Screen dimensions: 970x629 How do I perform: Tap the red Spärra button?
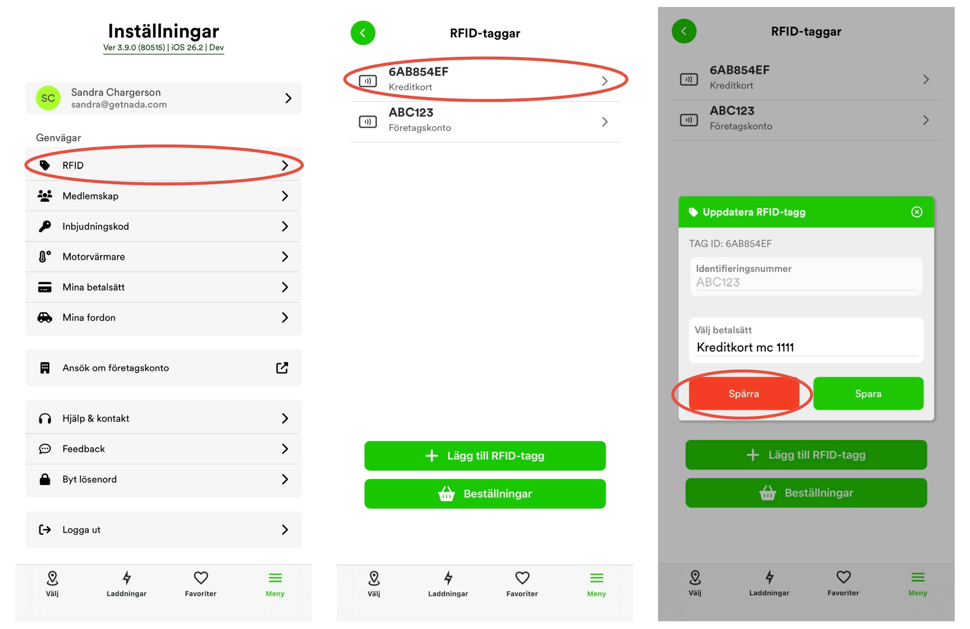tap(744, 393)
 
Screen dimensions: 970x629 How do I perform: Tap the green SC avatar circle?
tap(48, 98)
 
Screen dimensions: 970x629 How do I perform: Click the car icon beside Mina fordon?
tap(45, 317)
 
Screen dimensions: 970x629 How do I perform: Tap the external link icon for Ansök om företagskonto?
tap(282, 368)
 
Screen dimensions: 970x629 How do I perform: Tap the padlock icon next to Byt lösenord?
tap(45, 479)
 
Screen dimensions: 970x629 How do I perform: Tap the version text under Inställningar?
tap(163, 47)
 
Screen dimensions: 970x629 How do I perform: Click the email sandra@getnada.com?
tap(119, 104)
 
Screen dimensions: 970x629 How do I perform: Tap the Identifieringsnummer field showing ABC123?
tap(806, 276)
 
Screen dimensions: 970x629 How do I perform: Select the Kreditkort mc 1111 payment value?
tap(745, 347)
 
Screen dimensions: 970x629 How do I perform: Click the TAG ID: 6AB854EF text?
tap(730, 243)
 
